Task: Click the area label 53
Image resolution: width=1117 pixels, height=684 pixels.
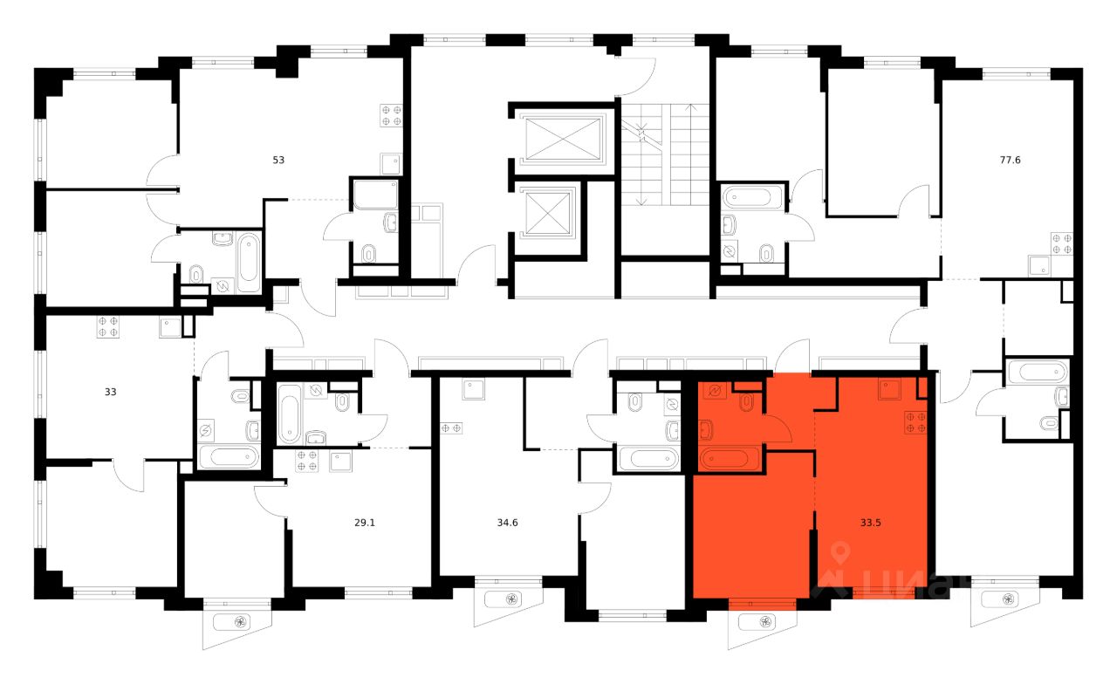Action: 278,160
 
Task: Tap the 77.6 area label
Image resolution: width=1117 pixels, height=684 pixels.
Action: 1010,160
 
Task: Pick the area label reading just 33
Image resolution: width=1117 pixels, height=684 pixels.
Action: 110,392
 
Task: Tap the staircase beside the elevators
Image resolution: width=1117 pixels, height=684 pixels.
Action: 664,153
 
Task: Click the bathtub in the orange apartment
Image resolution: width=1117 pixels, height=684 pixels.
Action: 730,458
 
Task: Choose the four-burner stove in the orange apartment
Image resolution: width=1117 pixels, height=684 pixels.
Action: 915,421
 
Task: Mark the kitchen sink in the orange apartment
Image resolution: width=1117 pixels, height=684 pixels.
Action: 889,387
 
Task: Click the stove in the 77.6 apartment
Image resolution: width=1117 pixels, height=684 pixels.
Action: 1061,243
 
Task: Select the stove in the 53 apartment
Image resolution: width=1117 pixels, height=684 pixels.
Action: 390,116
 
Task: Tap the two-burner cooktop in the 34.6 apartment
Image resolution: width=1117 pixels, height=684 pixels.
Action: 451,427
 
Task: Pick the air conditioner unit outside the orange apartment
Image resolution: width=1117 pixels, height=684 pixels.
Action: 762,621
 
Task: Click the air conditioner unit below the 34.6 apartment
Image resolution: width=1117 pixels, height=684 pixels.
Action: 508,600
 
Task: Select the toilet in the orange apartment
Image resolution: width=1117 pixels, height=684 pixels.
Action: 746,402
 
